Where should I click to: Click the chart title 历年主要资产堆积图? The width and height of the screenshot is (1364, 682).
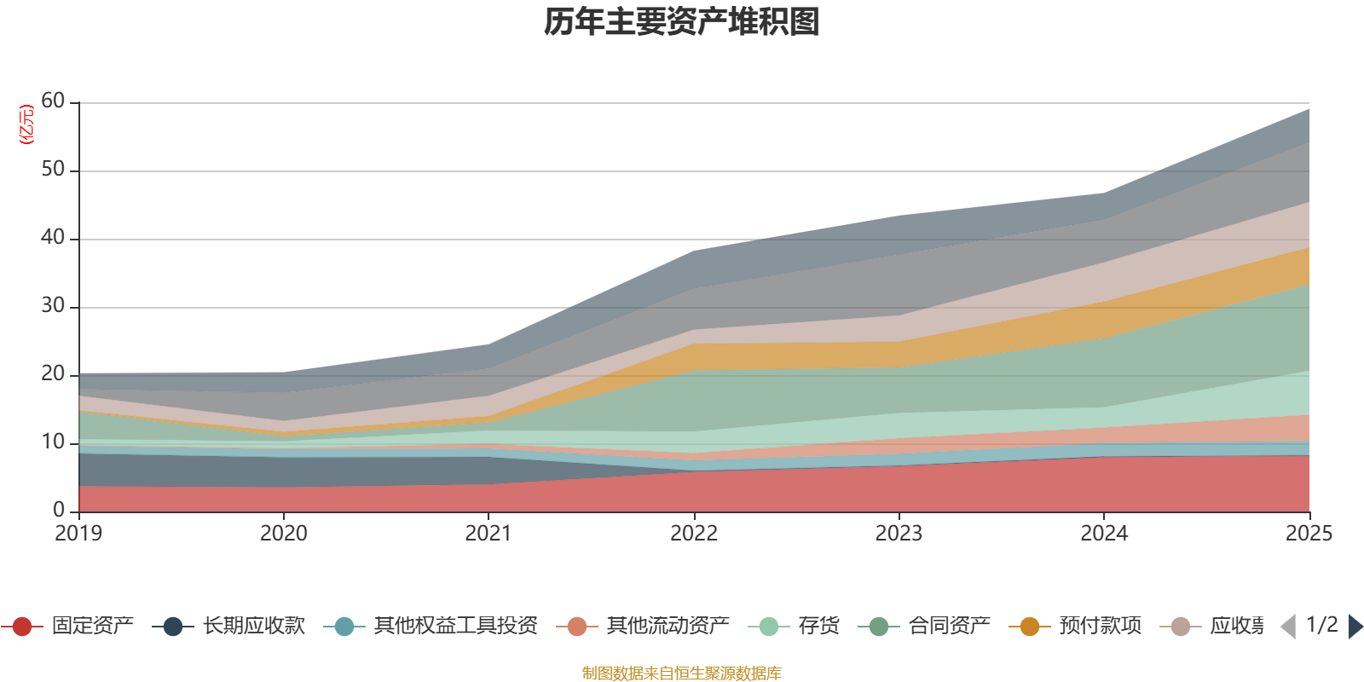tap(682, 23)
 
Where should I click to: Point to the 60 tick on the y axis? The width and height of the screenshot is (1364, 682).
tap(53, 101)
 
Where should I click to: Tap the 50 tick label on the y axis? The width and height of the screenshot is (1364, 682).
tap(53, 170)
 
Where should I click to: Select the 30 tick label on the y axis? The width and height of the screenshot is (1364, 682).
tap(53, 306)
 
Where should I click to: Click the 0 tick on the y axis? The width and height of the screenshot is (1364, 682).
tap(59, 510)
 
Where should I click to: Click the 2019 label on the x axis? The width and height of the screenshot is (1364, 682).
tap(78, 534)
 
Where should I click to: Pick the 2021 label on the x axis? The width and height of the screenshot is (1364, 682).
tap(488, 534)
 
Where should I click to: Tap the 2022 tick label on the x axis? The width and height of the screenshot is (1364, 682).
tap(694, 534)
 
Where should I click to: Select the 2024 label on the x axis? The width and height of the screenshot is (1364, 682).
tap(1104, 534)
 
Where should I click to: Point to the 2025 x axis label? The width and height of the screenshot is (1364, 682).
tap(1309, 534)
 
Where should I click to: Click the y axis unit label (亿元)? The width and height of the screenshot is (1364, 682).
tap(26, 124)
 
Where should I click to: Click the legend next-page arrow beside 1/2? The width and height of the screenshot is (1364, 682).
tap(1355, 627)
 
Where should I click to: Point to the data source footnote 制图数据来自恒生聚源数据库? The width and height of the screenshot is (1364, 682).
tap(681, 673)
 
